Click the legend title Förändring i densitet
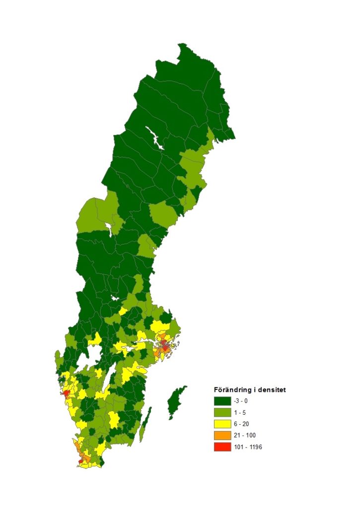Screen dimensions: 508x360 [x=249, y=389]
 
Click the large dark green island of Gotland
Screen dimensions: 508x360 [x=176, y=402]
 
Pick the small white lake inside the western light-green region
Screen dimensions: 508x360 [x=109, y=229]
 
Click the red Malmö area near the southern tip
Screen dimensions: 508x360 [x=81, y=461]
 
